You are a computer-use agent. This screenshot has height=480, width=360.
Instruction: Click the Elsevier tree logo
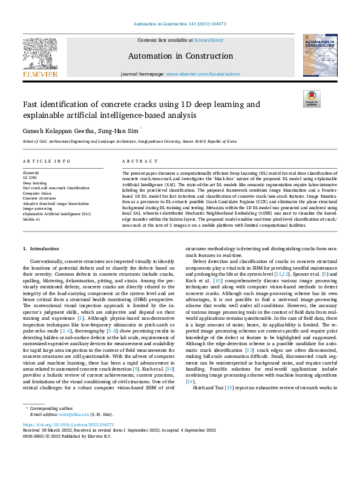pos(40,53)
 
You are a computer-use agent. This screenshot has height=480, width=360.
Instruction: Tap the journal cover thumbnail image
pos(319,55)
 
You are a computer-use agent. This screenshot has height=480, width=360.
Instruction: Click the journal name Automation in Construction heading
pos(180,56)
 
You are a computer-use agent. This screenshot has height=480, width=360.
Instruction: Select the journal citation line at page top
pos(180,25)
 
